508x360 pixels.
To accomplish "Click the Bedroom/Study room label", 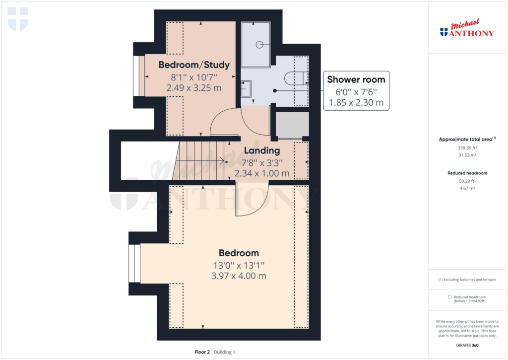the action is coord(194,65).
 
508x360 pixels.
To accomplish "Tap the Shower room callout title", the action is coord(356,79).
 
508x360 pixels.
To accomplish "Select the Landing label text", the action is coord(262,150).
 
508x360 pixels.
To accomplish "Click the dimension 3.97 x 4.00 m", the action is coord(239,276).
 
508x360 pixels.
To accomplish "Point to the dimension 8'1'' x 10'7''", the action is coord(194,77).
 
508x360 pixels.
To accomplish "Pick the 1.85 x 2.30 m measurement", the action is coord(356,102).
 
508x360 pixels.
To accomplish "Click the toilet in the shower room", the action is coord(296,78).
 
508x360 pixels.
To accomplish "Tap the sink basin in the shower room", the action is coord(246,88).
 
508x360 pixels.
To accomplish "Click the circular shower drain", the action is coord(259,45).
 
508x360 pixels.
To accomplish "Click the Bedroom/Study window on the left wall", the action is coord(139,76).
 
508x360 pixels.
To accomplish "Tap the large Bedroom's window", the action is coord(134,263).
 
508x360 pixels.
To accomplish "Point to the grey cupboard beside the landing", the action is coord(292,125).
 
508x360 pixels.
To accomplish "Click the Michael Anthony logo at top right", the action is coord(467,28).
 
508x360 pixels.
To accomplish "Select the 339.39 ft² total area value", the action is coord(467,148).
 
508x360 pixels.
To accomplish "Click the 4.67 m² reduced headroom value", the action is coord(467,188).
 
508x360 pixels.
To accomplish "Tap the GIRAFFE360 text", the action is coord(467,346).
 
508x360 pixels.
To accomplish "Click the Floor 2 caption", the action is coord(202,352).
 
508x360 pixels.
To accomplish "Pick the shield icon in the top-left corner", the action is coord(18,19).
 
